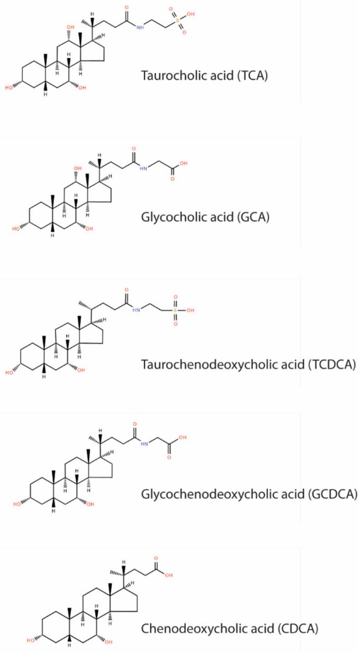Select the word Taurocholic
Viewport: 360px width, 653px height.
pos(166,75)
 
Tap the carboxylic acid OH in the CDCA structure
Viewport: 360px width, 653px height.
pos(169,575)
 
